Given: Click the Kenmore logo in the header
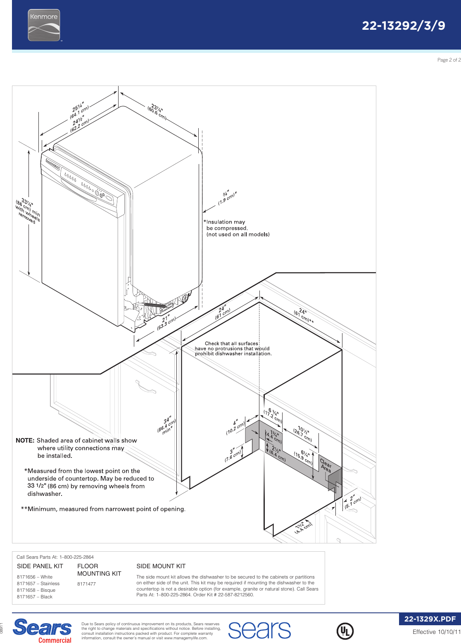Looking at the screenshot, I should tap(44, 25).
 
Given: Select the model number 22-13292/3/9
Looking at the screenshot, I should tap(403, 26).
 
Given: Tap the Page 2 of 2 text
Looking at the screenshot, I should tap(449, 60).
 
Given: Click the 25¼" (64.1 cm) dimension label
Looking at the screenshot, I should tap(79, 110).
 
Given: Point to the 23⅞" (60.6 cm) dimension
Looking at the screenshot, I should tap(157, 110).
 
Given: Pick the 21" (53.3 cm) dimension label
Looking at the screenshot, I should tap(166, 322).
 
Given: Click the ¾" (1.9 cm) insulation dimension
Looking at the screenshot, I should tap(227, 198).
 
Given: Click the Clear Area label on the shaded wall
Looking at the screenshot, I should tap(326, 465).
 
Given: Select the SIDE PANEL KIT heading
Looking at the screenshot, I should tap(40, 566).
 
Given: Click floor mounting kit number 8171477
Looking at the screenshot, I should tap(86, 584).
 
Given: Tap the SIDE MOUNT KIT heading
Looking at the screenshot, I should tap(161, 566).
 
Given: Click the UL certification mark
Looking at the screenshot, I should tap(345, 631).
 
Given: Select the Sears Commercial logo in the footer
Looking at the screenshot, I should tap(43, 631).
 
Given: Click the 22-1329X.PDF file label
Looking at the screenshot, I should tap(430, 619).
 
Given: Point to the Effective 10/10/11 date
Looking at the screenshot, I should tap(436, 632).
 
